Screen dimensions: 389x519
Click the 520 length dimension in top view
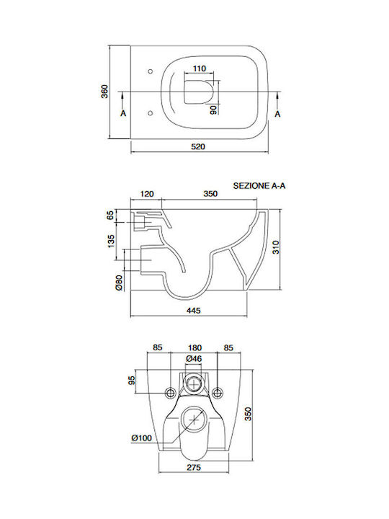click(x=198, y=146)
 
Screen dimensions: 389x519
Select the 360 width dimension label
click(x=104, y=92)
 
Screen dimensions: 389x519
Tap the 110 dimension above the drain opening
click(x=199, y=68)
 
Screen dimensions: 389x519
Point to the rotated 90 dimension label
click(x=214, y=110)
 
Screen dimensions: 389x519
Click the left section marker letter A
click(x=123, y=114)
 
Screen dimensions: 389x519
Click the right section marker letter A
click(x=277, y=114)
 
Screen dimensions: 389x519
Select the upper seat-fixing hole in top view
click(x=151, y=71)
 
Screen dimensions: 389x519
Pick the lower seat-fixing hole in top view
click(x=151, y=113)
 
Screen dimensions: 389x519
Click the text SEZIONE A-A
click(x=259, y=186)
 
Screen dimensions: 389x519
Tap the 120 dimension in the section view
click(x=147, y=194)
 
